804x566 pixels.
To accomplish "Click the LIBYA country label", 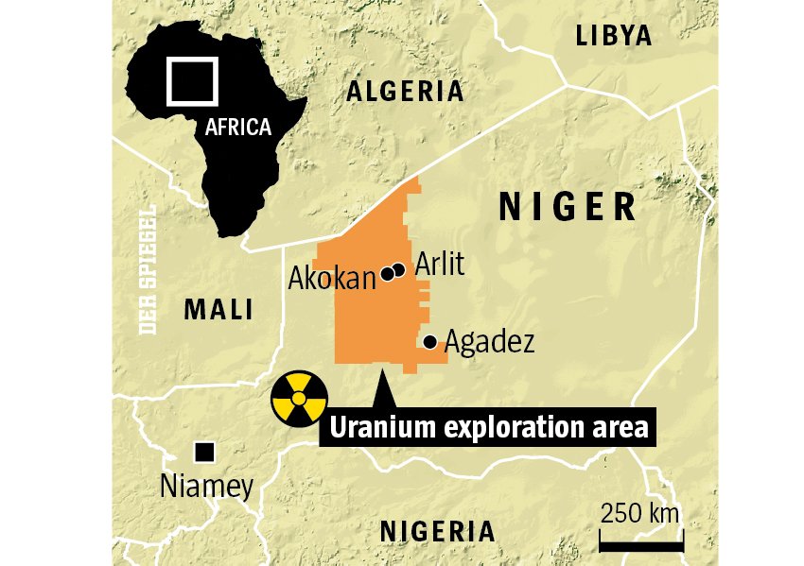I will pos(614,37).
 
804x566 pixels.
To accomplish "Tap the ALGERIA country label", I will pos(405,92).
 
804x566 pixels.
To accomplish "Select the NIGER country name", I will pos(568,206).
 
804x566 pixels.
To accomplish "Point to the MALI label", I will pos(218,309).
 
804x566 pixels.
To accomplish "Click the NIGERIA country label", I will pos(437,531).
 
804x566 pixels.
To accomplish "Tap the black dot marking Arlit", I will pos(399,270).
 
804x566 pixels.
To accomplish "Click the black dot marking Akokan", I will pos(387,274).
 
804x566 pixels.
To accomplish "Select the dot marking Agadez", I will pos(429,342).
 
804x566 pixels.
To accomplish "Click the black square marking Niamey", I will pos(204,453).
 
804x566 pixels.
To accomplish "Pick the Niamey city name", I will pos(206,487).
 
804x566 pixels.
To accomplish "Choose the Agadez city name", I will pos(489,341).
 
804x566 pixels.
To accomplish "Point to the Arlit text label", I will pos(440,264).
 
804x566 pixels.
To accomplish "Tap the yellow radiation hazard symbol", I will pos(299,399).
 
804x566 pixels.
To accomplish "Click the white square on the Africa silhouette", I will pos(192,81).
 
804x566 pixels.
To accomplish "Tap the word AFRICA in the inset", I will pos(238,127).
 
